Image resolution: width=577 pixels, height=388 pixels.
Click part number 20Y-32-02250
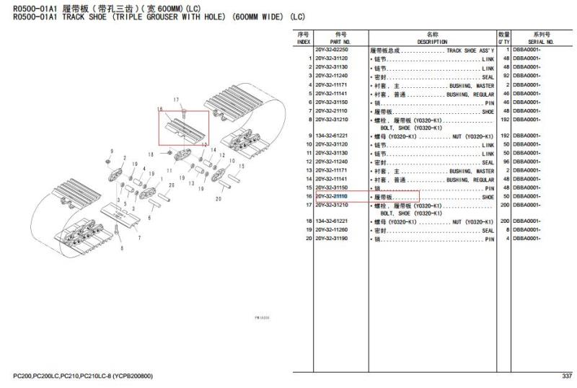point(331,50)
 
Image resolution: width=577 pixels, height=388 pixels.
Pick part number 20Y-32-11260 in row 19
point(331,230)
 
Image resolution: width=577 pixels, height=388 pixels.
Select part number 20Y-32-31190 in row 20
point(331,239)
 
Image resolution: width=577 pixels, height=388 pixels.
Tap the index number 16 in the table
point(307,197)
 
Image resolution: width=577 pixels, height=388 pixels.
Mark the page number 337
point(566,376)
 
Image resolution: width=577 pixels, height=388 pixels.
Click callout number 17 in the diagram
point(175,99)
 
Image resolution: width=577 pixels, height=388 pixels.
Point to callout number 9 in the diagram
point(107,150)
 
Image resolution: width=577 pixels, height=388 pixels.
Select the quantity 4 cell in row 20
point(507,239)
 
